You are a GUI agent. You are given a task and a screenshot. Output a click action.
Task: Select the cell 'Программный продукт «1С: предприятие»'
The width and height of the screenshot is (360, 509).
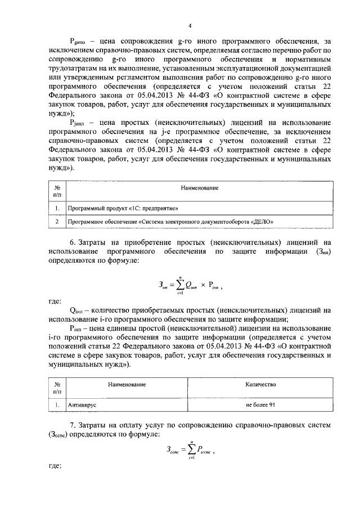tap(123, 208)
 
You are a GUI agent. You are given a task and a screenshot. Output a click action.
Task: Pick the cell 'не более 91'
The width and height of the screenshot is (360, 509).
tap(260, 404)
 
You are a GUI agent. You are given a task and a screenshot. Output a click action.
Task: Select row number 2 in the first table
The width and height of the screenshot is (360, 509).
tap(57, 222)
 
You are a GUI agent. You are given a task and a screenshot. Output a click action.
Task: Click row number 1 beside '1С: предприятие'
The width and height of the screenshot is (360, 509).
tap(57, 208)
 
